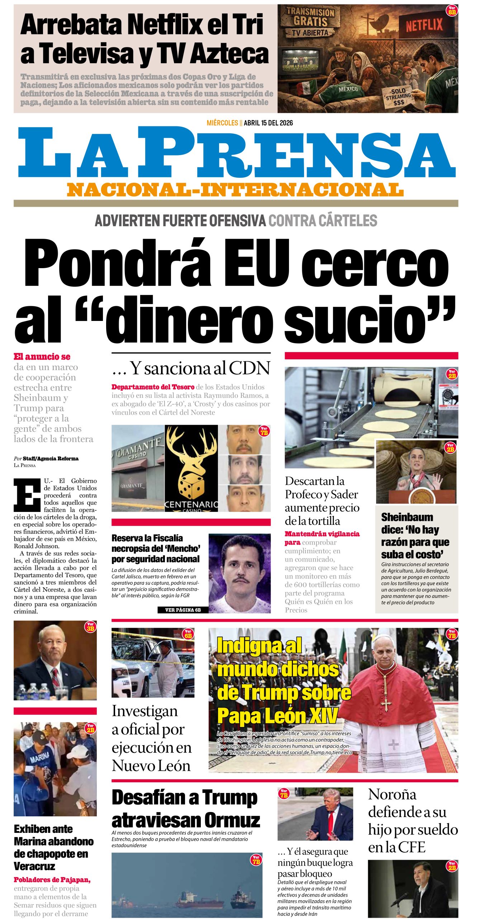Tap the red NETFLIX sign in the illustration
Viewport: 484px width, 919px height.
[424, 25]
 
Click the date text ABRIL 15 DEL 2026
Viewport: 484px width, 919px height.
[268, 123]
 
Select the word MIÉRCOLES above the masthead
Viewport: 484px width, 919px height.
[222, 123]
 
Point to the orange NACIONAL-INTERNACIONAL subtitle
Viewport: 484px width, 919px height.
[235, 190]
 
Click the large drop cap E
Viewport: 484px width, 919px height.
[27, 495]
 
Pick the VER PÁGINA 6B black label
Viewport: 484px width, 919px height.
[183, 610]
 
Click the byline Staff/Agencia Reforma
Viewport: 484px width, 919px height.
[51, 458]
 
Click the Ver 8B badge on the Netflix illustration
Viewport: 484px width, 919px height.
[452, 10]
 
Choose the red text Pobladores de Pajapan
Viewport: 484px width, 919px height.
[52, 880]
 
